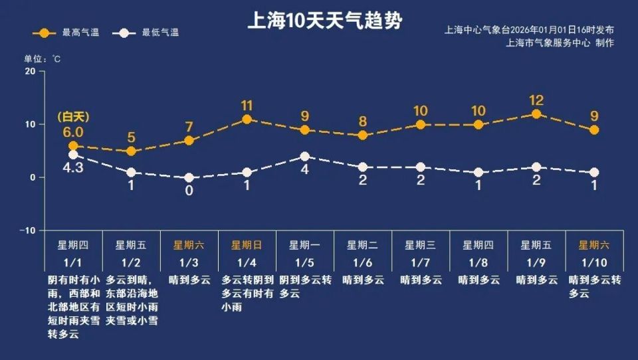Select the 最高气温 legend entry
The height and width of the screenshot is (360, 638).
(x=69, y=33)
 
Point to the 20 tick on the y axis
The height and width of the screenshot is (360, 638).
(x=30, y=71)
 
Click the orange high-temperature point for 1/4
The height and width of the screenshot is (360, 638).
(x=247, y=120)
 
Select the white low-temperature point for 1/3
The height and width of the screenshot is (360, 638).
(x=189, y=177)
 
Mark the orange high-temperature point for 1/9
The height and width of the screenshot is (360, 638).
(x=536, y=114)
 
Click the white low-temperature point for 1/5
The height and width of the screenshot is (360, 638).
(x=304, y=157)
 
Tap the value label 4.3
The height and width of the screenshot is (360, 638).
(x=73, y=168)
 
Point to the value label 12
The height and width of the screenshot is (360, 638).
(x=536, y=101)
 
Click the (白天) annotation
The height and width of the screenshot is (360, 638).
(x=73, y=117)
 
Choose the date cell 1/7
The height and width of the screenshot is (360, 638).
(x=420, y=262)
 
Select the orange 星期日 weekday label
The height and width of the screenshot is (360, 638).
(x=247, y=245)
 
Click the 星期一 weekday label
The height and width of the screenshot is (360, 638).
(x=304, y=245)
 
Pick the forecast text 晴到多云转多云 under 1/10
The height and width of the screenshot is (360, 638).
(x=594, y=287)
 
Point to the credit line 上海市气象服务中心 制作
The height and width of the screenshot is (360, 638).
(x=560, y=43)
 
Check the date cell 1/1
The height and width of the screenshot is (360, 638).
(x=73, y=262)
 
